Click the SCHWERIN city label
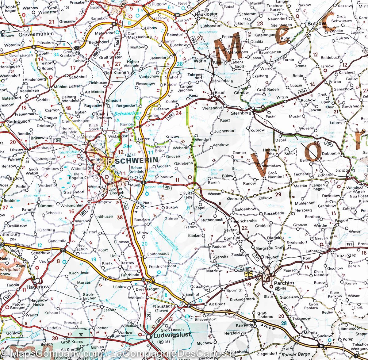(x=136, y=160)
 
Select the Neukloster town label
(x=207, y=14)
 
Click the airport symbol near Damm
(x=249, y=273)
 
